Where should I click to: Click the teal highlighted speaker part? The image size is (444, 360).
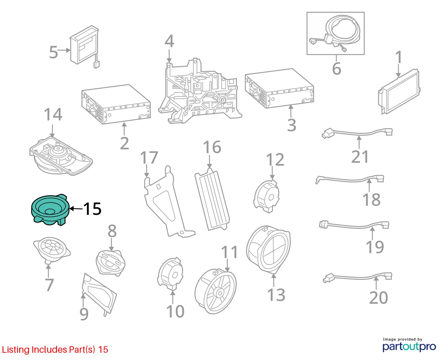50,209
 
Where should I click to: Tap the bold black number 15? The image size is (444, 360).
92,209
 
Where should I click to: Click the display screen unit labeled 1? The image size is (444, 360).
399,92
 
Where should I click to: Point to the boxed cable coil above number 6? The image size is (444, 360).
335,33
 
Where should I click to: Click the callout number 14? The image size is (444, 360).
53,115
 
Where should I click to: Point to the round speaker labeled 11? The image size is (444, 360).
215,291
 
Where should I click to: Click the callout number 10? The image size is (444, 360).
175,312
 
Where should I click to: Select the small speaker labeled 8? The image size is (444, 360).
111,263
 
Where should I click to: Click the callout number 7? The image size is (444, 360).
50,285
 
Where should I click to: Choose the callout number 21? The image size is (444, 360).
360,157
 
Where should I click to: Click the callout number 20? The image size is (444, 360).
378,298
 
